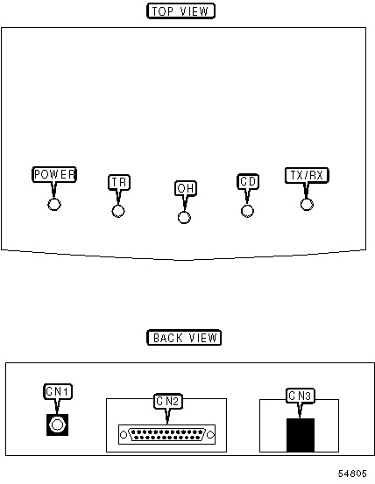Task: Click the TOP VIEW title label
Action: tap(180, 11)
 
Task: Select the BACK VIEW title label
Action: tap(184, 337)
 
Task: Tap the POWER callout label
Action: tap(54, 174)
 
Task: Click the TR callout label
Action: tap(119, 182)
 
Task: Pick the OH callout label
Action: tap(186, 188)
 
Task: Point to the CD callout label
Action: tap(248, 181)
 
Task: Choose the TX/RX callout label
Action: tap(307, 175)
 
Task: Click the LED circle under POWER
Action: tap(54, 204)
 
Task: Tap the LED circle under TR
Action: tap(118, 212)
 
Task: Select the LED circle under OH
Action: tap(184, 218)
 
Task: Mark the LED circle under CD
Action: tap(247, 211)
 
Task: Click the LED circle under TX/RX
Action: tap(307, 204)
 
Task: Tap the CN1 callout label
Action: tap(58, 392)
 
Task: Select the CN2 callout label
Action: tap(167, 401)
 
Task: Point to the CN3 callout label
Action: tap(300, 396)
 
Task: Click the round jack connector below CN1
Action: tap(57, 424)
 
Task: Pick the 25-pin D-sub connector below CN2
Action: tap(166, 435)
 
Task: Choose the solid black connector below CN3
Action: tap(301, 435)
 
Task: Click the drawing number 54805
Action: tap(352, 473)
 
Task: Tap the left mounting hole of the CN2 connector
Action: tap(124, 435)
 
